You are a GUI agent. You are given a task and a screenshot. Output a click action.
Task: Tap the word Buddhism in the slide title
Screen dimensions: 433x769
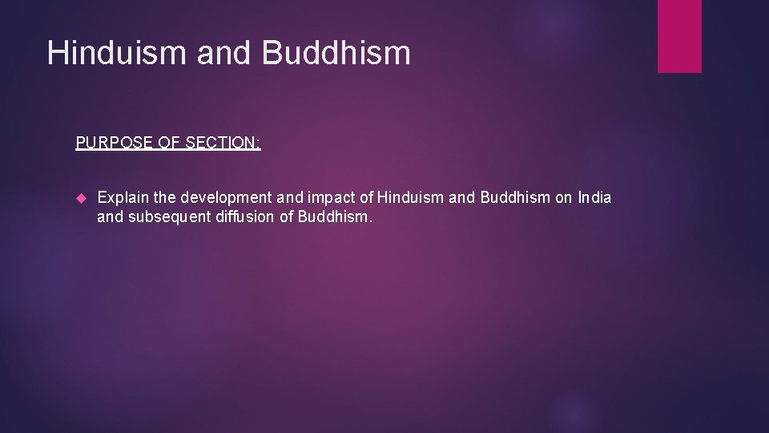[336, 53]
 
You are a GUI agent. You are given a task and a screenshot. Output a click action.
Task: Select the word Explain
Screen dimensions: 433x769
[120, 197]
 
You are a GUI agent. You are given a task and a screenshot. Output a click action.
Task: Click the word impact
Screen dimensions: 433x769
[328, 197]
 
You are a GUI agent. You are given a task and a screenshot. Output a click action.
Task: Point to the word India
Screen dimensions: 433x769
[594, 197]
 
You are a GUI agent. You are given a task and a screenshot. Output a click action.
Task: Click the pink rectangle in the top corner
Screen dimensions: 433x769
[679, 36]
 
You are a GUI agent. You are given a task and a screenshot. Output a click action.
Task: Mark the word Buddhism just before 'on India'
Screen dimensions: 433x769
[515, 197]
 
